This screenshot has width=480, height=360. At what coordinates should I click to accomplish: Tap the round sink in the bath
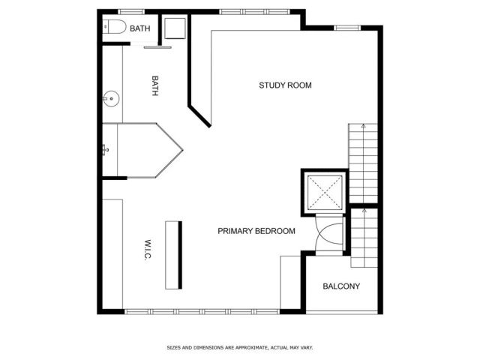109,97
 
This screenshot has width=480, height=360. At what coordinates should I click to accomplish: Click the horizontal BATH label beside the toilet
139,28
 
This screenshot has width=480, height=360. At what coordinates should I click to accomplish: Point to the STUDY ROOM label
285,85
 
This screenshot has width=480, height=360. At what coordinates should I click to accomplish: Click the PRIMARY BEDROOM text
256,231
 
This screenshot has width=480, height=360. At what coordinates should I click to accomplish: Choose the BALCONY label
341,286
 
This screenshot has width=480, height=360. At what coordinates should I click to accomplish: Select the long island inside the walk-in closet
173,255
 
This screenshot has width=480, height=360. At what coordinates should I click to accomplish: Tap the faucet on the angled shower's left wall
106,150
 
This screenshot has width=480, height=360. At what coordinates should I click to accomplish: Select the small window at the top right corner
346,28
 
